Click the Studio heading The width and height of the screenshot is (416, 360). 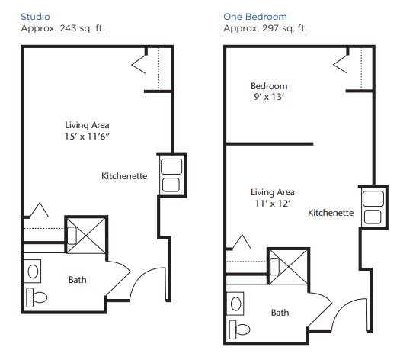tap(35, 17)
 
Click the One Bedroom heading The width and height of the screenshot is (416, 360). tap(255, 17)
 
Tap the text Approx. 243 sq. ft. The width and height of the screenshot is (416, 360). tap(63, 28)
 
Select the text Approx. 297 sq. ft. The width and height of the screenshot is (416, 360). tap(265, 28)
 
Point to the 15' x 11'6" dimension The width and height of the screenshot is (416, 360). tap(87, 137)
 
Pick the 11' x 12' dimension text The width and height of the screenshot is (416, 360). tap(273, 204)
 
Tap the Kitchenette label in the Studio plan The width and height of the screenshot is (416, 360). tap(124, 176)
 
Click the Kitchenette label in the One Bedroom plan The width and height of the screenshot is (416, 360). tap(331, 213)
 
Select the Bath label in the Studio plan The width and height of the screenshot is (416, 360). tap(77, 279)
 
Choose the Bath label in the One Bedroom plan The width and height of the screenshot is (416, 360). tap(280, 313)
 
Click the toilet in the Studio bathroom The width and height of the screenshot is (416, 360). tap(37, 297)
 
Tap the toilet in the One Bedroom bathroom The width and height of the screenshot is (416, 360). tap(239, 329)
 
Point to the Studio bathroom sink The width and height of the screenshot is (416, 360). tap(33, 272)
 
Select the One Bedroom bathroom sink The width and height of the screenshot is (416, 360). tap(235, 304)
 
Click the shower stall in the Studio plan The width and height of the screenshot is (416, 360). tap(86, 235)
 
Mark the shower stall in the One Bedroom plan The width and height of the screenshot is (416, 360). tap(289, 266)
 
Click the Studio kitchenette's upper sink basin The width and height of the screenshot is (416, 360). tap(171, 166)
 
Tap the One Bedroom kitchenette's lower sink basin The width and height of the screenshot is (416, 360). tap(373, 217)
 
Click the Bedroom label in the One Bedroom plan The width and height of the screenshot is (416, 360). tap(269, 86)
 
